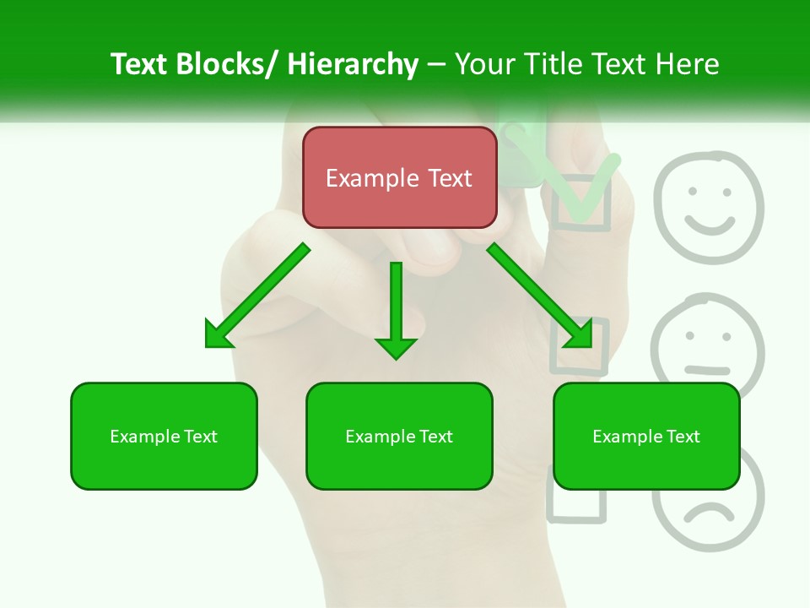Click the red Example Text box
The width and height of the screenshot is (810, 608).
click(x=399, y=177)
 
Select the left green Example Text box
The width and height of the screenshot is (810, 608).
click(x=164, y=436)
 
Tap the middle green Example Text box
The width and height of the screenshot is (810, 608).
click(x=399, y=436)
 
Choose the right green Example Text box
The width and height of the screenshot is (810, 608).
click(x=646, y=436)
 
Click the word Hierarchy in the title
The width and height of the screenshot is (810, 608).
click(x=353, y=64)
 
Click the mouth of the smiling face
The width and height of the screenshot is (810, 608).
click(x=709, y=225)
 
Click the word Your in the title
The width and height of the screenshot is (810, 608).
click(x=485, y=64)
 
